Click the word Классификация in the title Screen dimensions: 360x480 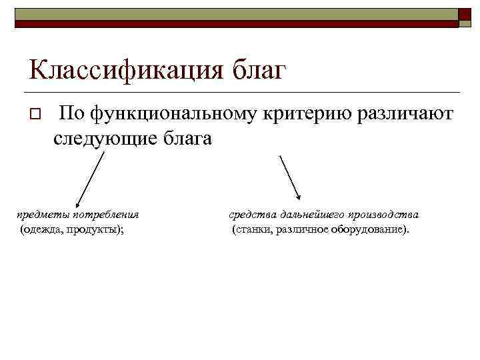point(127,69)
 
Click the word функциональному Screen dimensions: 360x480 point(176,115)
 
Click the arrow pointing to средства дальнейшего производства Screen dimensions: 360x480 point(290,177)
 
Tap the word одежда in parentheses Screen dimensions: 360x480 point(47,230)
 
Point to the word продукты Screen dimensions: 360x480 point(100,230)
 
